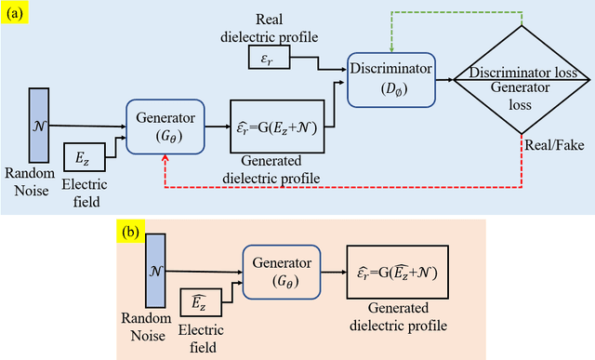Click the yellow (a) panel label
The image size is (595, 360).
17,12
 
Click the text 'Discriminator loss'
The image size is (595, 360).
522,73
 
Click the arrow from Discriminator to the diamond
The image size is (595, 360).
444,80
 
